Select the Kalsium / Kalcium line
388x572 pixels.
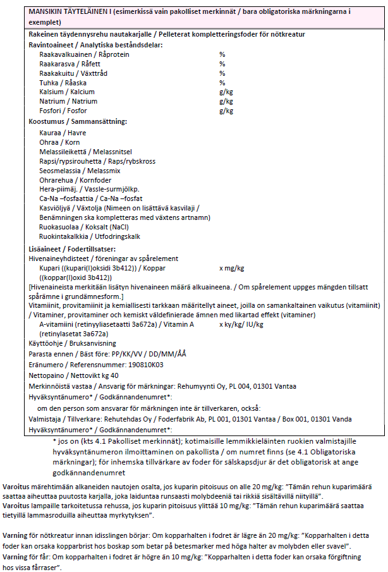coord(67,92)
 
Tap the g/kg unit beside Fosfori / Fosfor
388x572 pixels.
coord(226,111)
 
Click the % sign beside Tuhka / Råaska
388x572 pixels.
coord(222,83)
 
